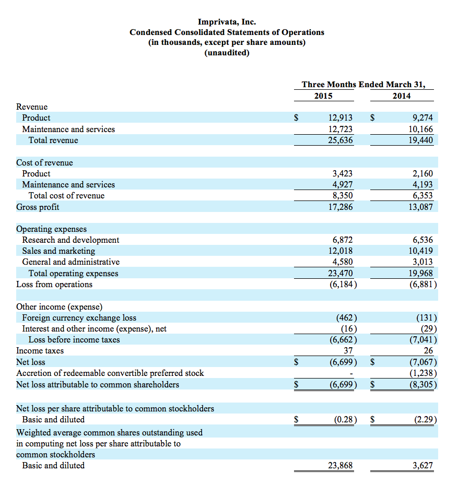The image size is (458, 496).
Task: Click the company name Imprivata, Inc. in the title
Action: pos(227,21)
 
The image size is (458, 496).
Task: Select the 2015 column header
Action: pos(323,96)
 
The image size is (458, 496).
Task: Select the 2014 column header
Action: pos(402,96)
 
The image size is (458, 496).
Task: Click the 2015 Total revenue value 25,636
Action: pos(340,140)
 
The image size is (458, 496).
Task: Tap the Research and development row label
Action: pos(71,240)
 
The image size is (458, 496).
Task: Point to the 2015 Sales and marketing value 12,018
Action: pos(340,251)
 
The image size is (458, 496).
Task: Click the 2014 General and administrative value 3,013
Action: pos(422,262)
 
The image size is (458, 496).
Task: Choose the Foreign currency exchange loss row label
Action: pos(79,317)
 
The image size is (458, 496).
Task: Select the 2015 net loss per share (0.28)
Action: pos(344,419)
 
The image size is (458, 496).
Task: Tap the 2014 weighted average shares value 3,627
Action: pos(422,465)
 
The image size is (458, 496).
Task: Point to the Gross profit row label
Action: pos(38,207)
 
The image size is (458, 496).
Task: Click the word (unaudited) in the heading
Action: pos(227,53)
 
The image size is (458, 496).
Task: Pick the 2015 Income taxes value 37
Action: pos(348,350)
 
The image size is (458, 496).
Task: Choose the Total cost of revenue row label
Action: pos(66,195)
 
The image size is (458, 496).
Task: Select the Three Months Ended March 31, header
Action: pos(363,84)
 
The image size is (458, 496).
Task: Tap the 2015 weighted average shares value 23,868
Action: pos(340,465)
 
